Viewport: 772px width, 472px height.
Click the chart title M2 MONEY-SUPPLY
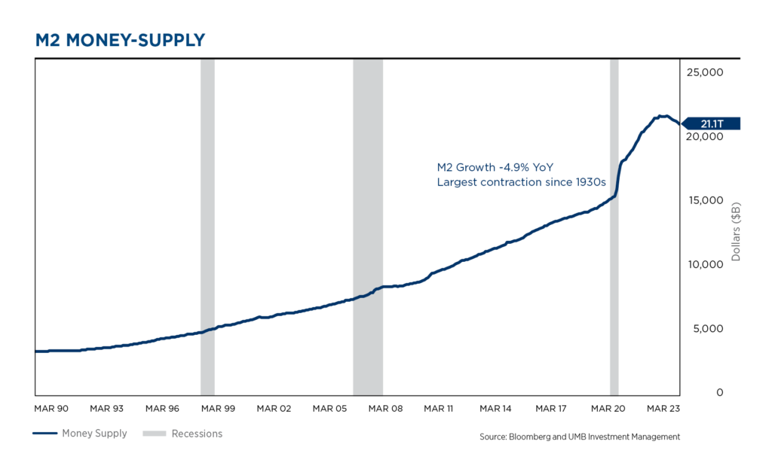pyautogui.click(x=121, y=41)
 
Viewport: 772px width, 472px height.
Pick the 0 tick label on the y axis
pyautogui.click(x=719, y=392)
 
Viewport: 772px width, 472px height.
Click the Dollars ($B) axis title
pyautogui.click(x=737, y=232)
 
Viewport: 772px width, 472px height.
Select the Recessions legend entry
pyautogui.click(x=197, y=434)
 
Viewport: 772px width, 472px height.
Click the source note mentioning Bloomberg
pyautogui.click(x=579, y=437)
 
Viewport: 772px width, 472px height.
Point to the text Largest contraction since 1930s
pyautogui.click(x=522, y=182)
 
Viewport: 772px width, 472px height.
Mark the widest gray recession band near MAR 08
pyautogui.click(x=368, y=226)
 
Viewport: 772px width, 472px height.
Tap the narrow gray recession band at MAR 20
pyautogui.click(x=614, y=226)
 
